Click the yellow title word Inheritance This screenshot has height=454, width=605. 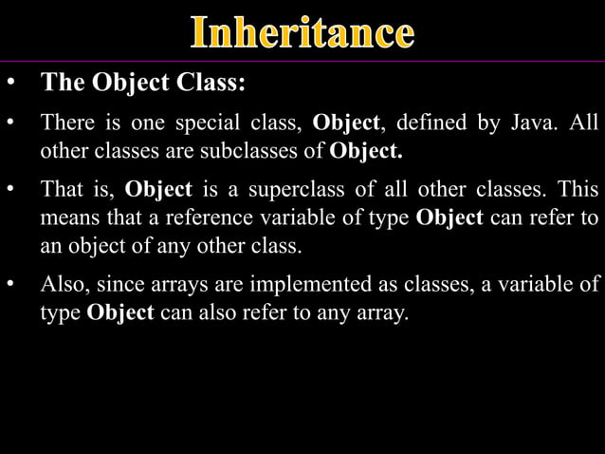point(302,32)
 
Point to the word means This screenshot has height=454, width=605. point(64,218)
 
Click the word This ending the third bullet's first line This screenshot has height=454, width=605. point(578,190)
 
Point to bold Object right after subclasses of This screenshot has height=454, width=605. point(366,151)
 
